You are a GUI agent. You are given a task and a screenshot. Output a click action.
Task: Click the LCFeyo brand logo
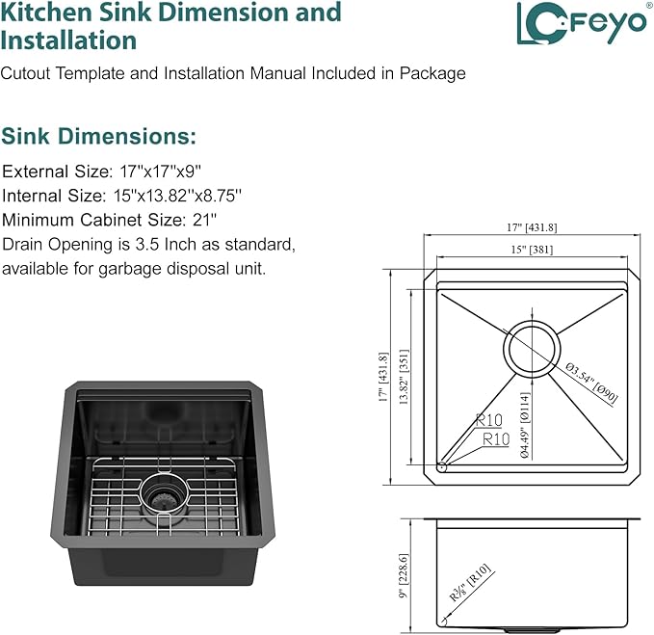582,23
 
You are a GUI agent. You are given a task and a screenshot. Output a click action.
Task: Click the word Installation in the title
68,40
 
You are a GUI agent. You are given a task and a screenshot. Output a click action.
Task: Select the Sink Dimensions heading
98,137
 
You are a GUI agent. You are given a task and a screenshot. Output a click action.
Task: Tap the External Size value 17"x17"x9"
161,172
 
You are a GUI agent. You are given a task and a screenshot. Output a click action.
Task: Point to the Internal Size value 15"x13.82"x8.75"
177,196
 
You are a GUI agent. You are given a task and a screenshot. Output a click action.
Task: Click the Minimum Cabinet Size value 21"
204,220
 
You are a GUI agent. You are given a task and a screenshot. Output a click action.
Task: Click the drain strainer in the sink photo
165,496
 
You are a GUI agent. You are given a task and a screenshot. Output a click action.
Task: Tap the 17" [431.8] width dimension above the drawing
532,227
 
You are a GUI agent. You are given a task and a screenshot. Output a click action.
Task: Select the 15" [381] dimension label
532,250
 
